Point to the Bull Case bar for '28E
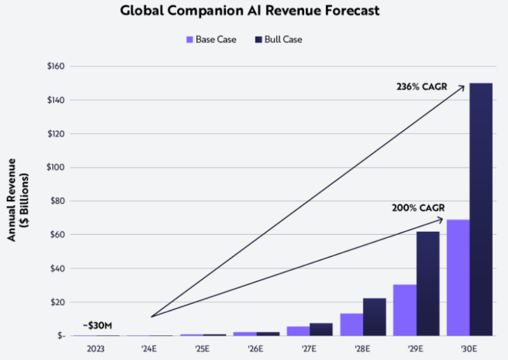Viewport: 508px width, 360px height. [374, 317]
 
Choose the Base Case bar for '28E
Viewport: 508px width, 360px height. [351, 324]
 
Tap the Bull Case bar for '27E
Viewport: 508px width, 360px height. [321, 329]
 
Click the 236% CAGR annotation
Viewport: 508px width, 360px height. [422, 86]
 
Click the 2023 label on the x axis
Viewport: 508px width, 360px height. [96, 347]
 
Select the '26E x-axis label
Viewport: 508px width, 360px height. [256, 347]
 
